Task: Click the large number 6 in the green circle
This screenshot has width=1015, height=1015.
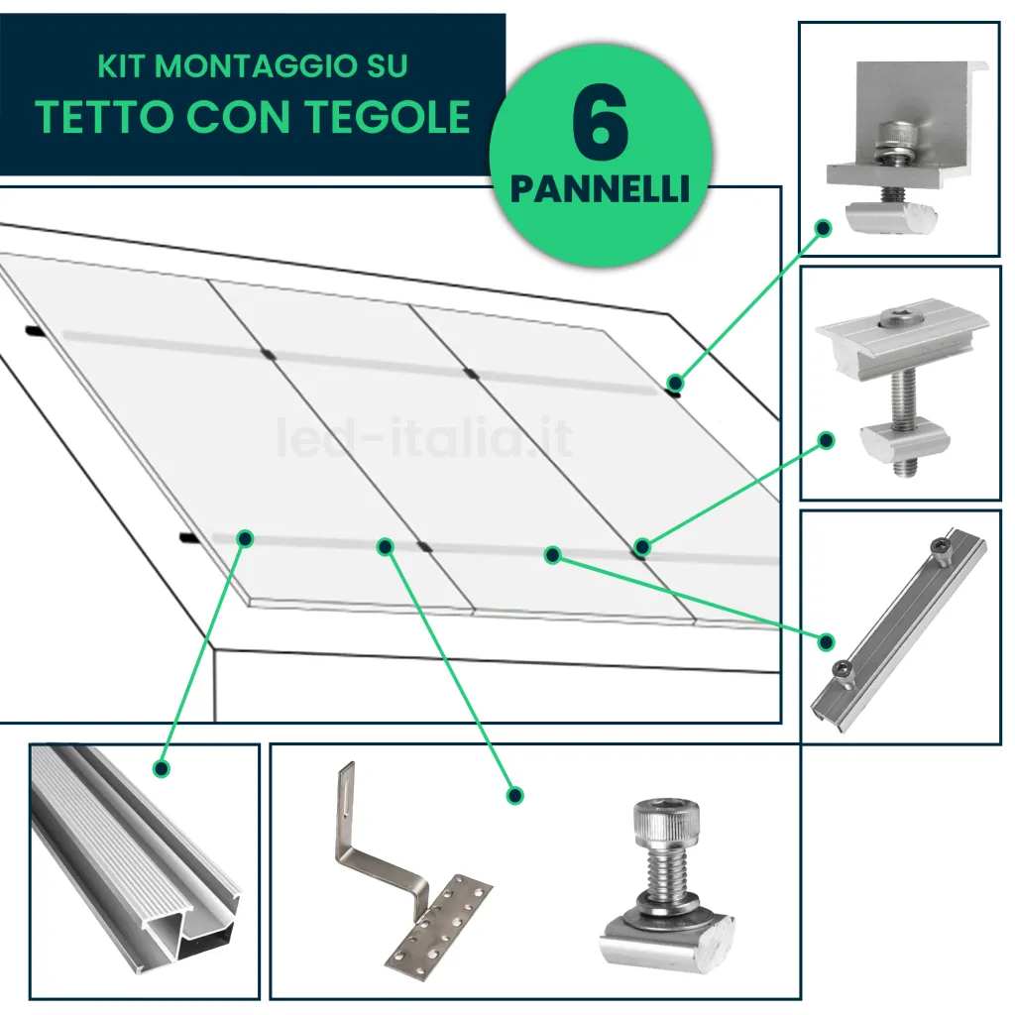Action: [601, 129]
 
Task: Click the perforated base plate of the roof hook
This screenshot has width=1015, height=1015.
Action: [436, 927]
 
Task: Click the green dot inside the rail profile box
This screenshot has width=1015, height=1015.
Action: [161, 768]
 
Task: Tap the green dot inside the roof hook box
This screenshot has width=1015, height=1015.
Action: [514, 795]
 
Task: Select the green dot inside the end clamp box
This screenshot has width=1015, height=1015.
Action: [822, 228]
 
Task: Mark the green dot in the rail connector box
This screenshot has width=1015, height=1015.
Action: [826, 642]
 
